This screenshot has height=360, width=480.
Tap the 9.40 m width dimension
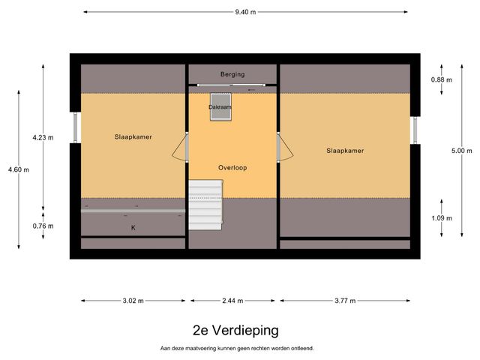point(246,12)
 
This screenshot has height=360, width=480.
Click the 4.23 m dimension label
point(43,137)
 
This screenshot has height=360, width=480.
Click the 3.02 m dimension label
point(132,301)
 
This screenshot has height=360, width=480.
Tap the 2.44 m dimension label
point(233,301)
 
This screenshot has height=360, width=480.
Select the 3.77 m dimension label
point(345,301)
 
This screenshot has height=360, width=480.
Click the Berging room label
point(232,74)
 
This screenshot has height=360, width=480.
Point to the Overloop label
point(232,167)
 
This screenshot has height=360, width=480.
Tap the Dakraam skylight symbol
point(220,103)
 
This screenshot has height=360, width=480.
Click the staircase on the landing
point(205,204)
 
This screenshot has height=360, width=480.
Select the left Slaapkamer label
point(133,136)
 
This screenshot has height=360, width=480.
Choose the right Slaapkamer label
point(345,151)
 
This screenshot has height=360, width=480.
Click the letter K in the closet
point(133,227)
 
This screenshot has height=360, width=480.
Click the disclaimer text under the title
point(236,348)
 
